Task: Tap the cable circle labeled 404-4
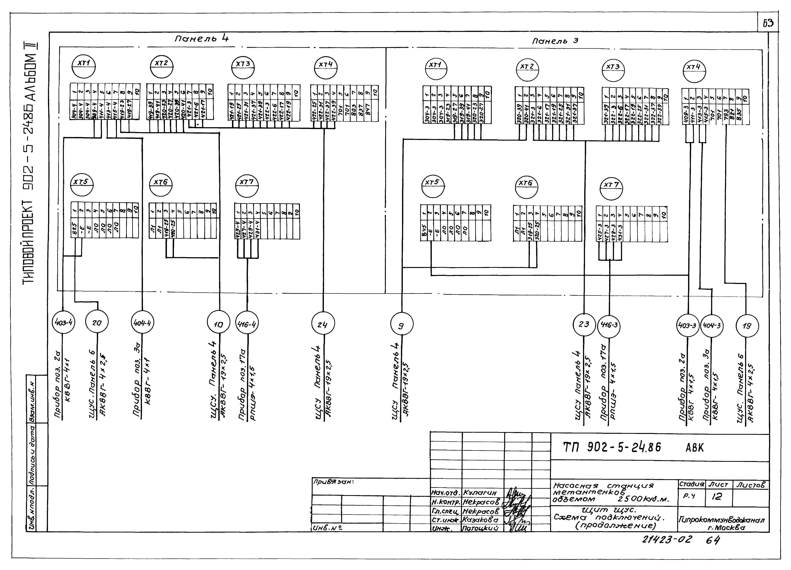pyautogui.click(x=142, y=323)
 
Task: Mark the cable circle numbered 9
pyautogui.click(x=401, y=325)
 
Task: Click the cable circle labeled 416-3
pyautogui.click(x=609, y=325)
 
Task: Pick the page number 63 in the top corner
pyautogui.click(x=768, y=23)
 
